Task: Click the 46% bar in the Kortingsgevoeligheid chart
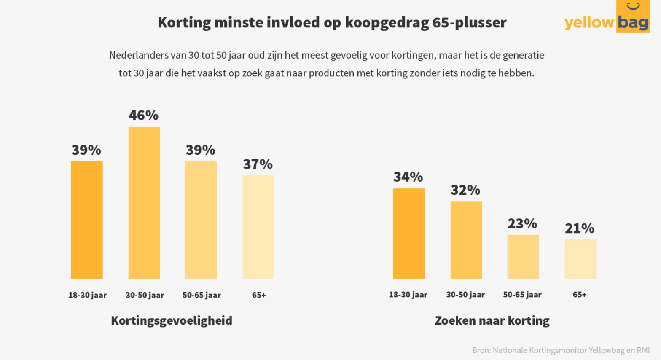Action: click(x=144, y=203)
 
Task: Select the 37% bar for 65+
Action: click(x=258, y=227)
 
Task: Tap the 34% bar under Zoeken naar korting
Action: click(x=409, y=234)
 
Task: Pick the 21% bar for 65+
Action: click(x=580, y=259)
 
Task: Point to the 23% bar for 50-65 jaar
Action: click(x=523, y=257)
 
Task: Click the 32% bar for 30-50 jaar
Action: click(x=466, y=240)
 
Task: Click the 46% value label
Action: click(x=144, y=115)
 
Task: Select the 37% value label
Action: click(x=258, y=164)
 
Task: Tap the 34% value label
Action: click(x=408, y=177)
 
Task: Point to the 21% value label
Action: click(x=580, y=228)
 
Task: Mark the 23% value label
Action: click(x=522, y=223)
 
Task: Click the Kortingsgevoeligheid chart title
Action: click(x=172, y=320)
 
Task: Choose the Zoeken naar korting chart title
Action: click(x=492, y=320)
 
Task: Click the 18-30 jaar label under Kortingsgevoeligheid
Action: click(x=87, y=295)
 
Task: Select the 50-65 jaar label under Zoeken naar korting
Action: click(x=522, y=295)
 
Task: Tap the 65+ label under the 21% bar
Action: click(x=580, y=295)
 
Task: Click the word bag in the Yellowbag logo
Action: click(x=633, y=22)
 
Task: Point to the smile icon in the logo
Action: click(x=633, y=6)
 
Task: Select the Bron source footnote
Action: click(x=561, y=350)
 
